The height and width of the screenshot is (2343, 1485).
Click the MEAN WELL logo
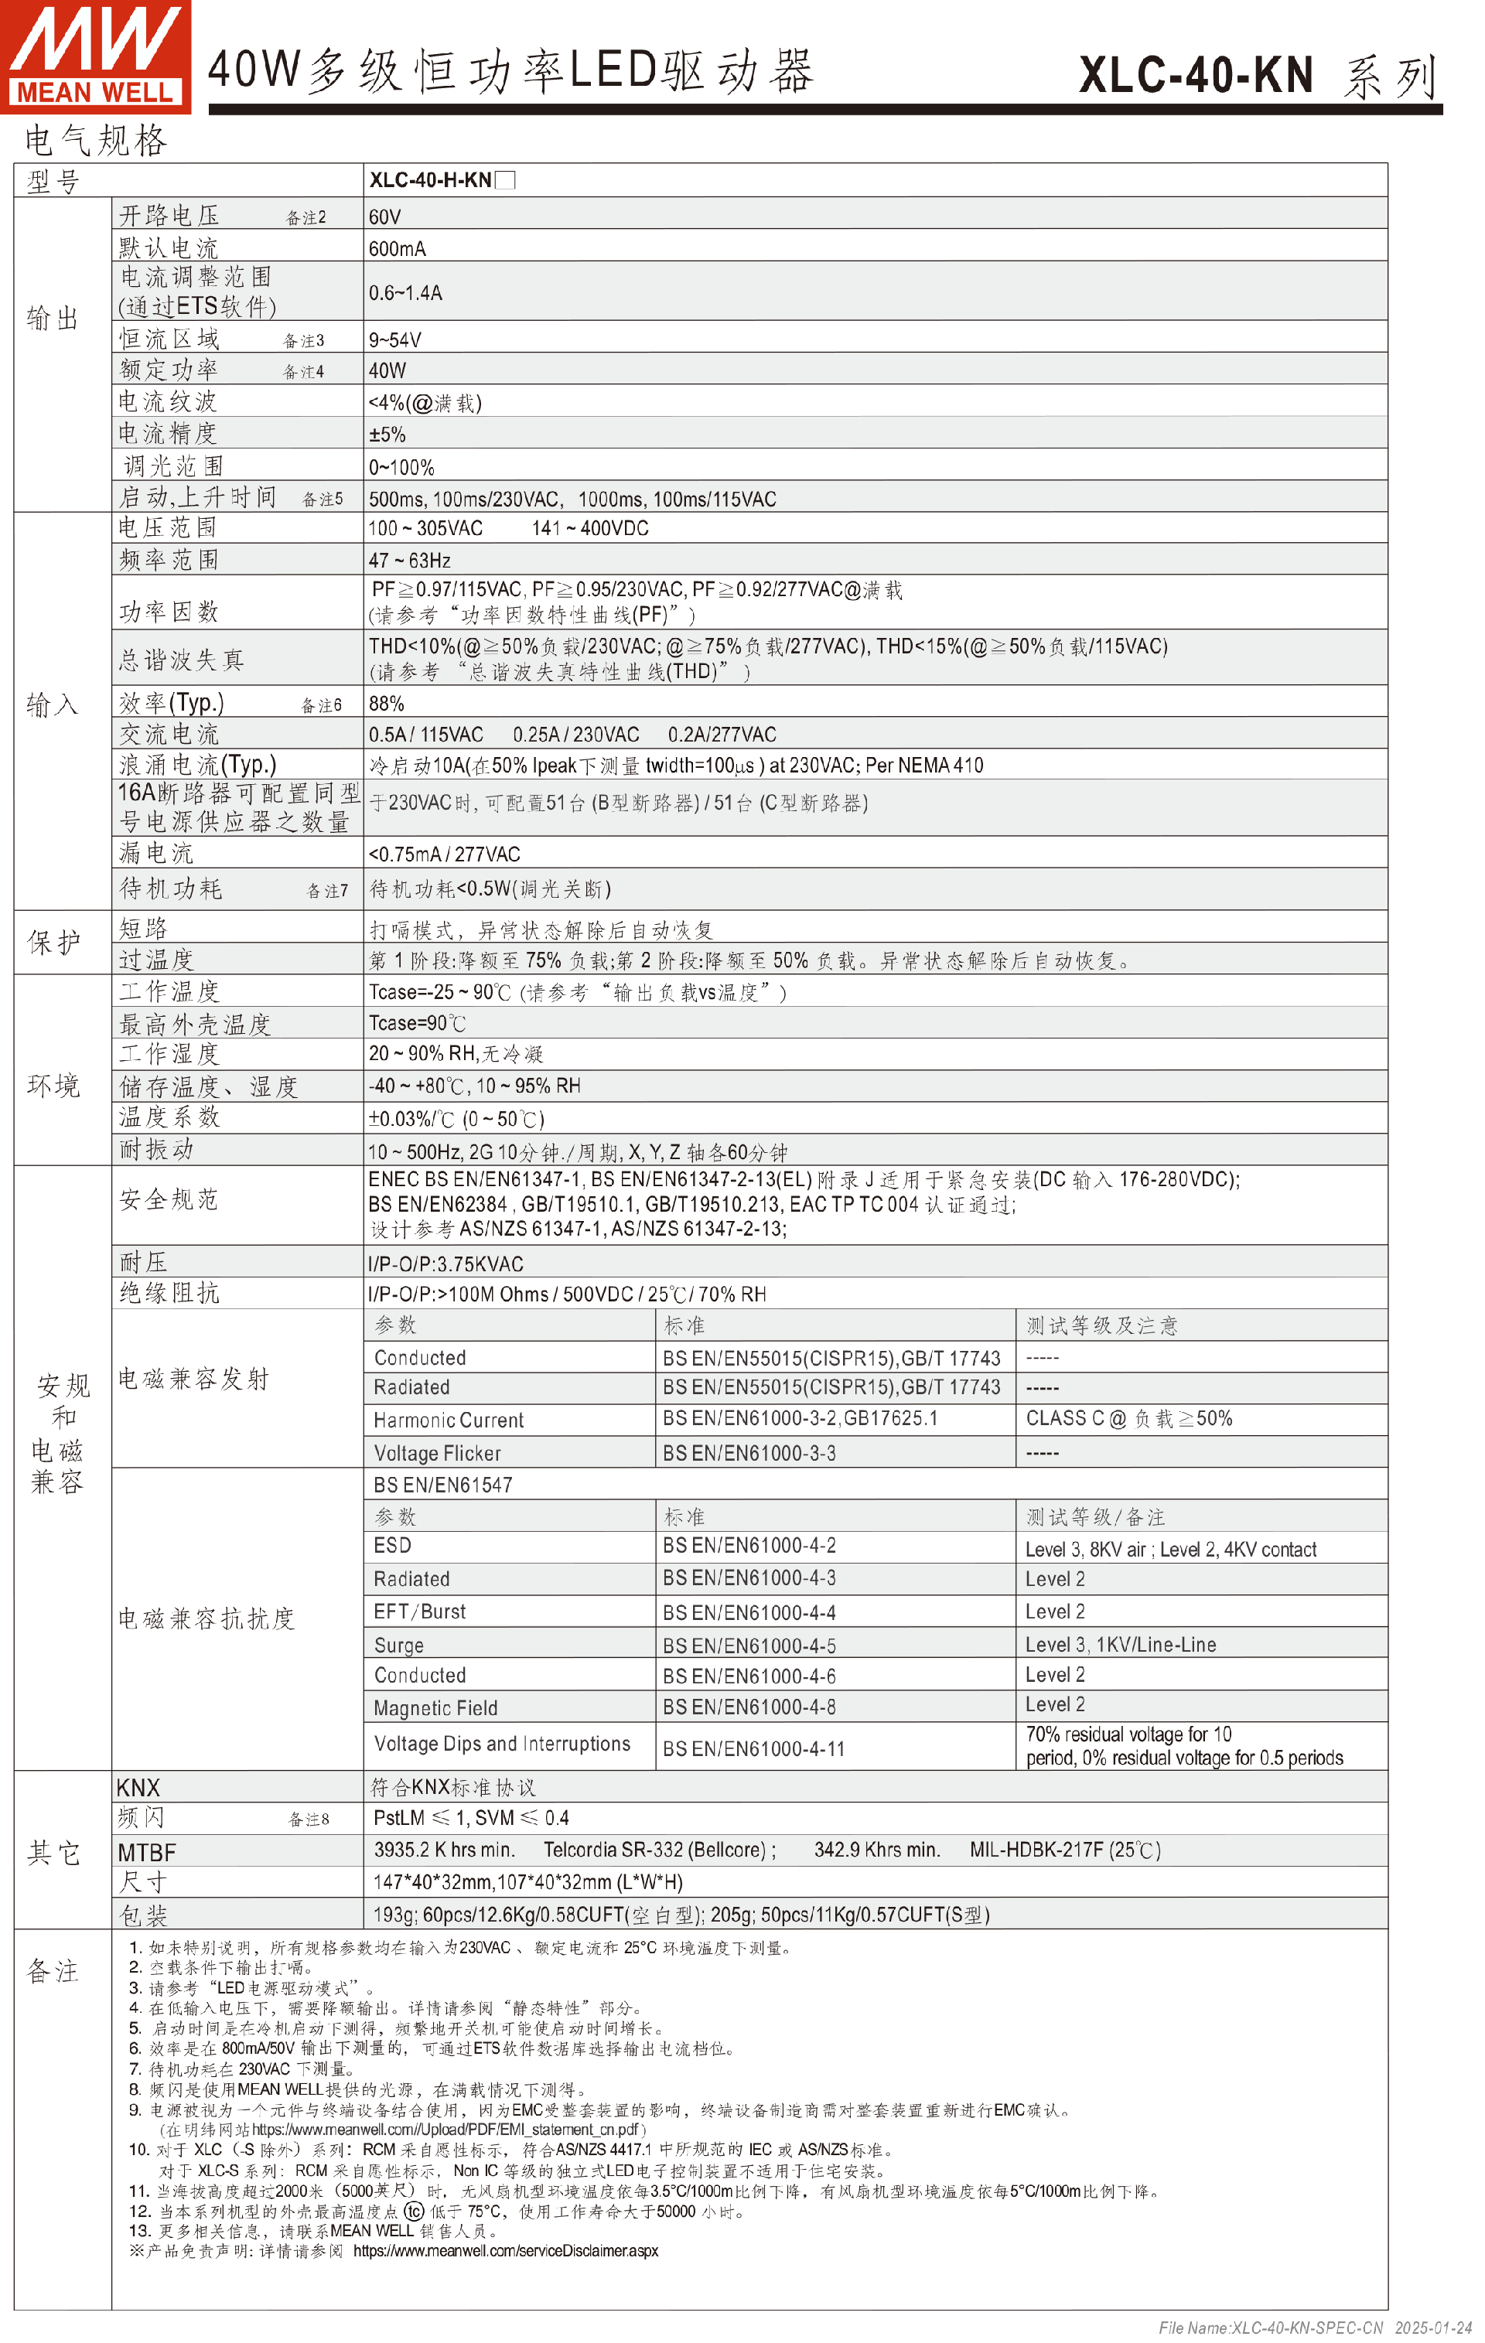click(x=95, y=56)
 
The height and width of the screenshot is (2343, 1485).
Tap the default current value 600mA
click(x=397, y=249)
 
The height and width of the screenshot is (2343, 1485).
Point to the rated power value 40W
click(x=387, y=370)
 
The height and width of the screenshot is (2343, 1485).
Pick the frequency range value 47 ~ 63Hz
click(x=408, y=561)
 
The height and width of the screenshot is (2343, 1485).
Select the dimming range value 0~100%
click(x=401, y=467)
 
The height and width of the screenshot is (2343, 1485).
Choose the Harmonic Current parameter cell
click(x=448, y=1420)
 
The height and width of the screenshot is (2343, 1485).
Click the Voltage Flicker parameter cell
click(x=437, y=1453)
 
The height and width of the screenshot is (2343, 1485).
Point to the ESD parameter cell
click(x=392, y=1545)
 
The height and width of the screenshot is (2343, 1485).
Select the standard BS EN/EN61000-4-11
click(x=753, y=1748)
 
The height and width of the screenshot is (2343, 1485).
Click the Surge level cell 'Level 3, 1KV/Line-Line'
click(x=1120, y=1645)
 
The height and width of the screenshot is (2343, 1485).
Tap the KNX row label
click(x=138, y=1788)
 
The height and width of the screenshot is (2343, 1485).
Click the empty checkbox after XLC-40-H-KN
click(x=505, y=180)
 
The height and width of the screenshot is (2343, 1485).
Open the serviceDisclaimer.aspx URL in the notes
click(x=505, y=2250)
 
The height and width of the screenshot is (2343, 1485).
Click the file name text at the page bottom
click(x=1270, y=2328)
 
